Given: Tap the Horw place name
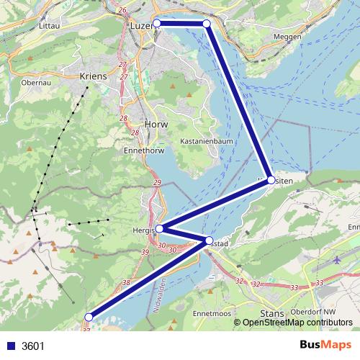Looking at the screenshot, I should (x=155, y=123).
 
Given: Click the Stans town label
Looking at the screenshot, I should (x=271, y=314).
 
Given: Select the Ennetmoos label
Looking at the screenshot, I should (x=212, y=315).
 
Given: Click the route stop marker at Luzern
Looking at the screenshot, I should (x=156, y=24).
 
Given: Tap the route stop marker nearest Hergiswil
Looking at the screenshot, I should (x=159, y=229).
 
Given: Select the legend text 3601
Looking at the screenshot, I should (x=33, y=346).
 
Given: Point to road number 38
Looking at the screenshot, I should (x=127, y=283).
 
